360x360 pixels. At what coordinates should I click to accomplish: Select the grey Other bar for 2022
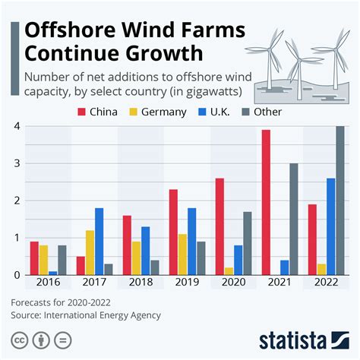click(339, 201)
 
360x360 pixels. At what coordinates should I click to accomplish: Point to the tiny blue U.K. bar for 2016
click(52, 272)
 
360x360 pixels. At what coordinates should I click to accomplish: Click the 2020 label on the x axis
click(232, 283)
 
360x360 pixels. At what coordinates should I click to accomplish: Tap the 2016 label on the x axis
click(47, 283)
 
